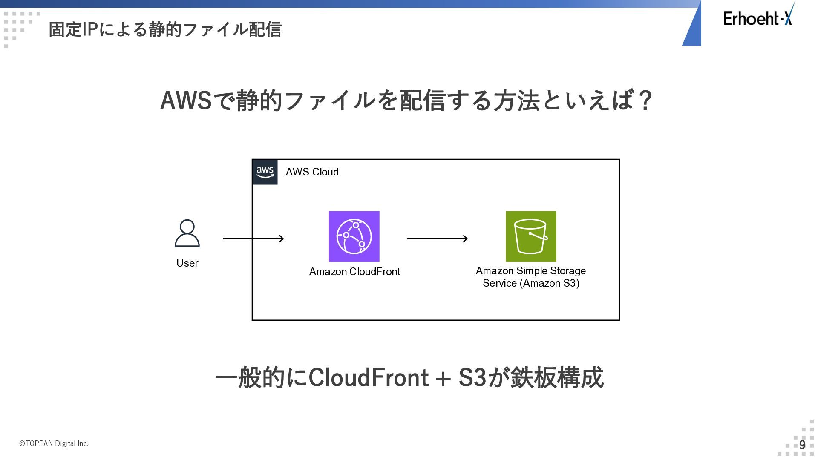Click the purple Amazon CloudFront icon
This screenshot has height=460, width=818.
click(x=354, y=236)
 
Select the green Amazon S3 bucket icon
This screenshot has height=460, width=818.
click(x=531, y=236)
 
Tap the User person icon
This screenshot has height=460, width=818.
click(x=187, y=233)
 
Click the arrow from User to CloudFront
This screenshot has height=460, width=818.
click(x=253, y=239)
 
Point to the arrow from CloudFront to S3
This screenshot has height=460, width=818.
click(x=438, y=239)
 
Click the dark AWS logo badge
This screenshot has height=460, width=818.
click(x=265, y=172)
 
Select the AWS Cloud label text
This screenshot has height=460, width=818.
click(x=312, y=172)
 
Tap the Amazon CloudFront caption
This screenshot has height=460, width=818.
click(x=354, y=272)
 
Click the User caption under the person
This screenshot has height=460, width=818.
click(x=187, y=263)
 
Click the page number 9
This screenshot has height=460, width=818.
click(x=802, y=445)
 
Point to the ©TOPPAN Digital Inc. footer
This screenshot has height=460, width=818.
click(x=54, y=443)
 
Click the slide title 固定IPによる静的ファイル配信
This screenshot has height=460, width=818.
click(x=165, y=29)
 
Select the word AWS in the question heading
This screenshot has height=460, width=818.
click(x=186, y=101)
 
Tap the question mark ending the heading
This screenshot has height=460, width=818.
click(x=645, y=101)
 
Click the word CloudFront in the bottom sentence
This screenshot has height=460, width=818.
click(x=369, y=377)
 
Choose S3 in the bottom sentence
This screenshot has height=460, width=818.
click(x=472, y=377)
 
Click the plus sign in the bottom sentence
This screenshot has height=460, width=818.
click(x=444, y=379)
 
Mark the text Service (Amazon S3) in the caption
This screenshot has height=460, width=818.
click(x=531, y=283)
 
